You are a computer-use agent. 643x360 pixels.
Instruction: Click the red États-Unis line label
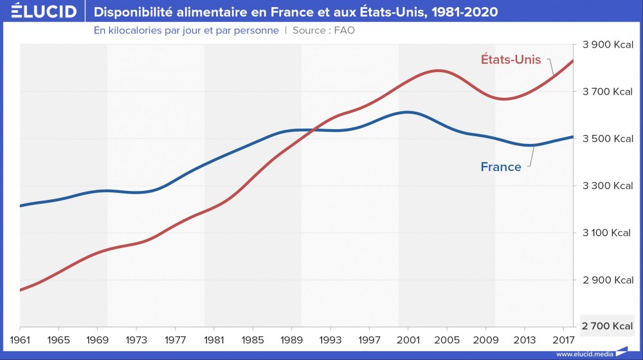pyautogui.click(x=511, y=59)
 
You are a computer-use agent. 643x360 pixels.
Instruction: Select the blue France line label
pyautogui.click(x=501, y=167)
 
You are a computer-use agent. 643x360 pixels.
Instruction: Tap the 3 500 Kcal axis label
pyautogui.click(x=608, y=139)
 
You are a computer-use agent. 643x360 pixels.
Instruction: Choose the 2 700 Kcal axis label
pyautogui.click(x=608, y=327)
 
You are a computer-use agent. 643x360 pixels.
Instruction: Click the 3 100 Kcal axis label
pyautogui.click(x=608, y=233)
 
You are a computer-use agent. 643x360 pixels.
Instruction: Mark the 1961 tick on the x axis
pyautogui.click(x=21, y=338)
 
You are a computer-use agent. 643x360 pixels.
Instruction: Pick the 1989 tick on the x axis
pyautogui.click(x=293, y=338)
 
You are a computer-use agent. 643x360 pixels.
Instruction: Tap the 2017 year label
pyautogui.click(x=564, y=338)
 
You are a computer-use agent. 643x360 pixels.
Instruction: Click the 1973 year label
pyautogui.click(x=137, y=338)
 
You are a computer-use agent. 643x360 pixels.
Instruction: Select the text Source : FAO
pyautogui.click(x=323, y=30)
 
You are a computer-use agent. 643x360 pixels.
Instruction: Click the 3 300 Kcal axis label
pyautogui.click(x=608, y=186)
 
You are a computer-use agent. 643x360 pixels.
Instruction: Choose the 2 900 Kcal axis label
pyautogui.click(x=608, y=280)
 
